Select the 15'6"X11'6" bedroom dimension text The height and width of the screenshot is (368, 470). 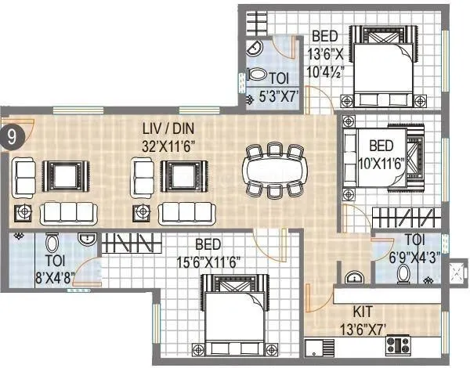pyautogui.click(x=207, y=262)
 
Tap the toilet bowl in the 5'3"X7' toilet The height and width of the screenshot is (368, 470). pyautogui.click(x=256, y=77)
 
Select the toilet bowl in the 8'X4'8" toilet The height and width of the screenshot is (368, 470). pyautogui.click(x=53, y=244)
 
